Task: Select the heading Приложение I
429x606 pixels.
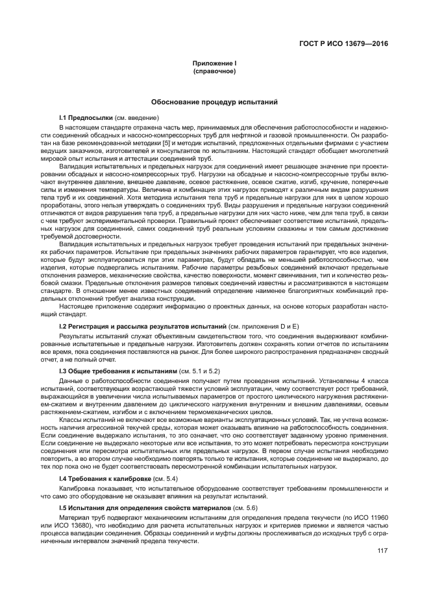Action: [x=214, y=63]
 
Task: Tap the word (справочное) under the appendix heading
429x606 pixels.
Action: [x=214, y=71]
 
